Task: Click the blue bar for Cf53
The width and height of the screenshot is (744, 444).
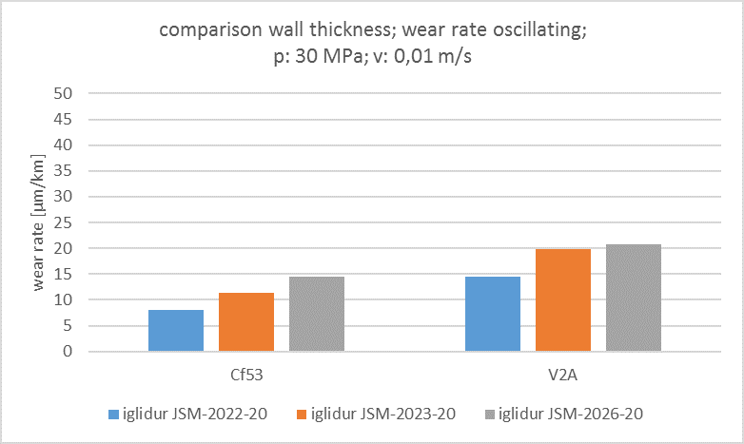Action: click(x=176, y=330)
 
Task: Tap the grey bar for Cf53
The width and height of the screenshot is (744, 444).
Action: click(x=317, y=314)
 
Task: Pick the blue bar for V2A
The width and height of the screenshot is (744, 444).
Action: click(x=493, y=314)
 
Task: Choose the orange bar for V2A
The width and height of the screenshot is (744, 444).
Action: click(x=563, y=299)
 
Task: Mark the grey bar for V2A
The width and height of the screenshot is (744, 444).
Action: click(x=634, y=298)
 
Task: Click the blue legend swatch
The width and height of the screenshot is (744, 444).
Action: click(x=114, y=415)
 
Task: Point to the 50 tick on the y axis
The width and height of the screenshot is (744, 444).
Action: click(x=65, y=93)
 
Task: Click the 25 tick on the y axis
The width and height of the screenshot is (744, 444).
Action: click(x=65, y=222)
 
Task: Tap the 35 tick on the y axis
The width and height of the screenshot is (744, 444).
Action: click(x=65, y=171)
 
